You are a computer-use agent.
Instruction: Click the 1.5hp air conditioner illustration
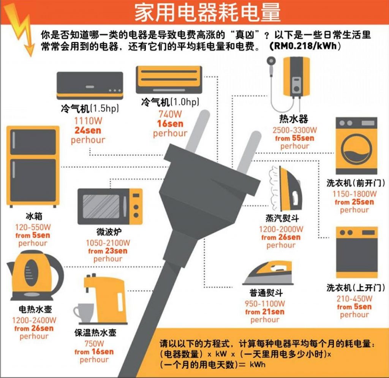click(90, 85)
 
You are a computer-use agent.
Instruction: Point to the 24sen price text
click(88, 130)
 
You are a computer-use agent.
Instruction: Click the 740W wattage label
click(170, 114)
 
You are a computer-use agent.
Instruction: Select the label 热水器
click(294, 119)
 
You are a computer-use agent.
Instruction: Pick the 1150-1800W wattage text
click(354, 194)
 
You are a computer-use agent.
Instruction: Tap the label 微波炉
click(109, 232)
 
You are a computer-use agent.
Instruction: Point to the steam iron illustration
click(286, 188)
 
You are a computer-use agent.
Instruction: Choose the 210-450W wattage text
click(354, 299)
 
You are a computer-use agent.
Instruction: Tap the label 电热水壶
click(35, 309)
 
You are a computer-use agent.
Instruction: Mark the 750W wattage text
click(94, 343)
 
